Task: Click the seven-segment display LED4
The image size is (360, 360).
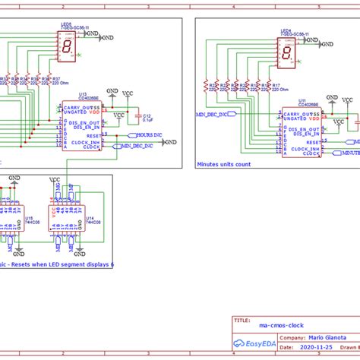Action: pyautogui.click(x=287, y=52)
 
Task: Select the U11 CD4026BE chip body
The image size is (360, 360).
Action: pyautogui.click(x=301, y=130)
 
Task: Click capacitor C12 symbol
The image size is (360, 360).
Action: pyautogui.click(x=138, y=116)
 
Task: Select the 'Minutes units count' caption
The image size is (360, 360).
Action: pyautogui.click(x=224, y=163)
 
